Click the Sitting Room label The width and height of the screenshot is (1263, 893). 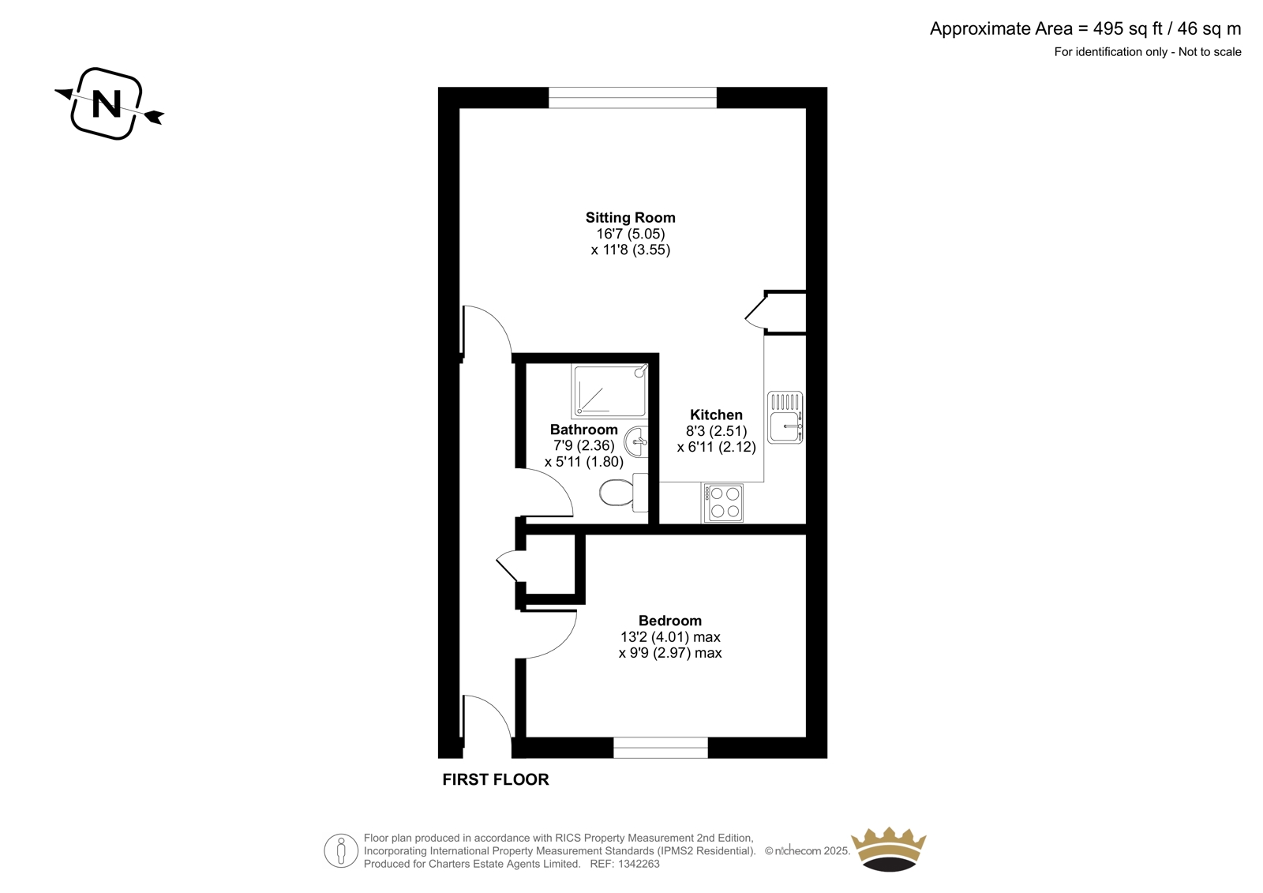pyautogui.click(x=631, y=218)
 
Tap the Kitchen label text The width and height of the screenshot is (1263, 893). pyautogui.click(x=716, y=415)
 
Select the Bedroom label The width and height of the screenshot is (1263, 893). pyautogui.click(x=670, y=621)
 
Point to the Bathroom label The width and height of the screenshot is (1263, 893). pyautogui.click(x=583, y=430)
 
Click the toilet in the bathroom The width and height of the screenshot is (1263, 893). pyautogui.click(x=624, y=493)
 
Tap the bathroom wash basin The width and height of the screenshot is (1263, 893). pyautogui.click(x=639, y=442)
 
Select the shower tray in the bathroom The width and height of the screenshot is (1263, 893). pyautogui.click(x=609, y=391)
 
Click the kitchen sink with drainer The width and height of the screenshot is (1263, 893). pyautogui.click(x=785, y=418)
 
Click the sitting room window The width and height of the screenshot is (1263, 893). pyautogui.click(x=632, y=98)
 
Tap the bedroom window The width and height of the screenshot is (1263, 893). pyautogui.click(x=661, y=748)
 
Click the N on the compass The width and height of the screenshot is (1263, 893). pyautogui.click(x=107, y=103)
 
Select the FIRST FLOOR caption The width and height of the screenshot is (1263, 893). pyautogui.click(x=496, y=779)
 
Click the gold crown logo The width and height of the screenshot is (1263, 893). pyautogui.click(x=889, y=850)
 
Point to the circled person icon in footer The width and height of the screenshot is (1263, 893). pyautogui.click(x=341, y=850)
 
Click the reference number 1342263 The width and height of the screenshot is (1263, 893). pyautogui.click(x=639, y=865)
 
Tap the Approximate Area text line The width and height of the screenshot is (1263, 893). pyautogui.click(x=1085, y=28)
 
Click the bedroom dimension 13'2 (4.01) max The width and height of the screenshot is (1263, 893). pyautogui.click(x=670, y=637)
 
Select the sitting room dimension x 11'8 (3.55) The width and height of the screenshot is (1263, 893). pyautogui.click(x=631, y=250)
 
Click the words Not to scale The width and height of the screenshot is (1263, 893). pyautogui.click(x=1209, y=52)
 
